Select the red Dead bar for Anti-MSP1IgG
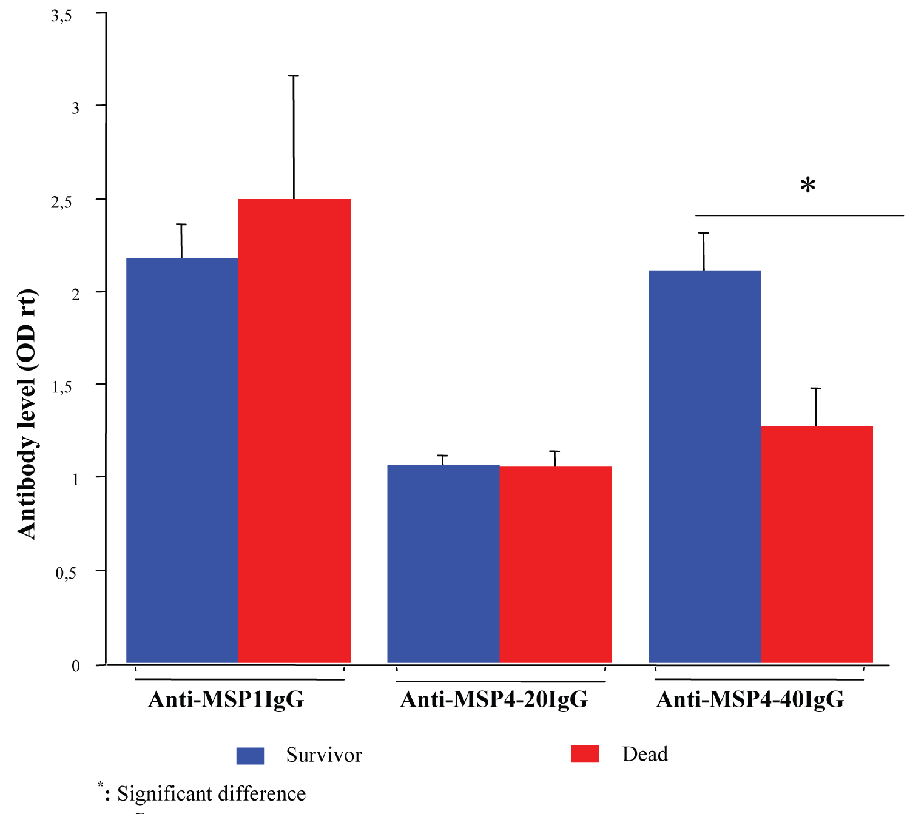pyautogui.click(x=294, y=431)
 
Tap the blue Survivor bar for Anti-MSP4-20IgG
pyautogui.click(x=443, y=563)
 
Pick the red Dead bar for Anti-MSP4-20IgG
pyautogui.click(x=555, y=564)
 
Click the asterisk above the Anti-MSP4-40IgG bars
pyautogui.click(x=807, y=185)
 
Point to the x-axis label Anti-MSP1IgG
pyautogui.click(x=226, y=699)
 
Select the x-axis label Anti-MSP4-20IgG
pyautogui.click(x=494, y=699)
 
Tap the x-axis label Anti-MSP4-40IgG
pyautogui.click(x=750, y=699)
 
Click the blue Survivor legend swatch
pyautogui.click(x=250, y=755)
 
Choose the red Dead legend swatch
pyautogui.click(x=585, y=754)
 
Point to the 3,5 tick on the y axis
pyautogui.click(x=61, y=16)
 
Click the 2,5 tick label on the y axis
pyautogui.click(x=61, y=202)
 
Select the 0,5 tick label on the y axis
pyautogui.click(x=66, y=573)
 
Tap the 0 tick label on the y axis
pyautogui.click(x=76, y=666)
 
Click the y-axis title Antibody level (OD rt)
pyautogui.click(x=27, y=414)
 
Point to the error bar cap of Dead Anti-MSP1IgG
pyautogui.click(x=294, y=76)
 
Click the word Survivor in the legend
pyautogui.click(x=324, y=755)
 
